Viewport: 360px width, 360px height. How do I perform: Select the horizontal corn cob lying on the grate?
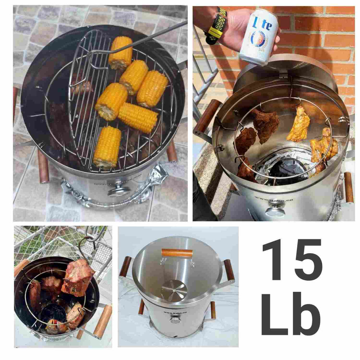click(138, 117)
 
